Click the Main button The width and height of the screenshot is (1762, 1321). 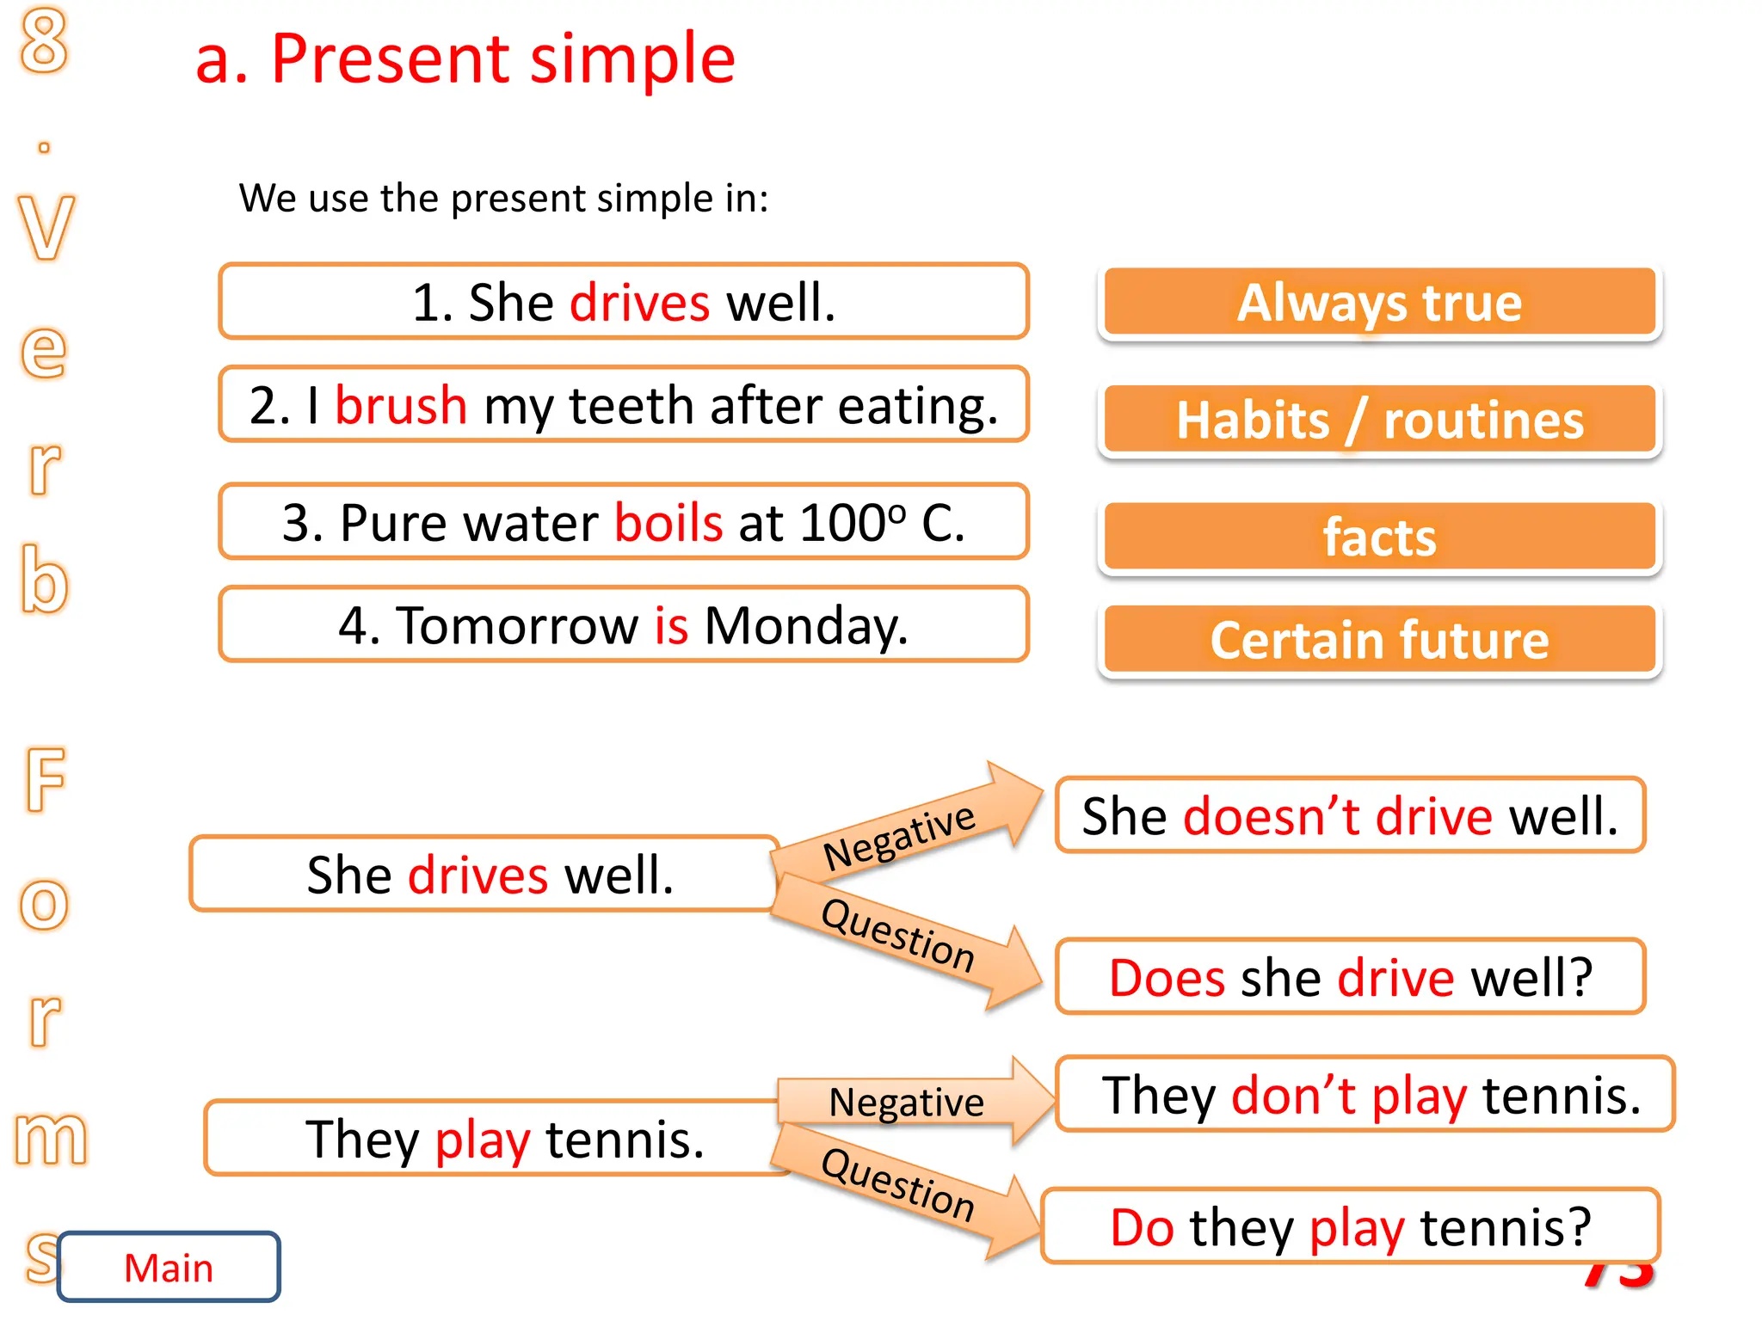[x=169, y=1268]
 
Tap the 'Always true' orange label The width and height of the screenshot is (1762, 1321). [x=1379, y=303]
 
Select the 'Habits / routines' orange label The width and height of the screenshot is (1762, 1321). [x=1379, y=421]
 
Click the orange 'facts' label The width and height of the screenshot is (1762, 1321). [x=1379, y=538]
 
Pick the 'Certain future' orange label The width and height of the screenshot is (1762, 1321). [x=1379, y=641]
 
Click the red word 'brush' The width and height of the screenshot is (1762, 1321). [x=401, y=405]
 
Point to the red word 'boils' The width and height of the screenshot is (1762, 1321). [x=668, y=523]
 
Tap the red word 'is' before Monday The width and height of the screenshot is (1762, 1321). [x=671, y=625]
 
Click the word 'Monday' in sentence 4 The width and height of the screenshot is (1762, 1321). [x=805, y=625]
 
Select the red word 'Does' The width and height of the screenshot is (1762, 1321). [x=1167, y=978]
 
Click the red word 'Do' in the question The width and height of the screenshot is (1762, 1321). [x=1142, y=1227]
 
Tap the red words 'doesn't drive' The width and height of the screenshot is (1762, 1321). [x=1338, y=816]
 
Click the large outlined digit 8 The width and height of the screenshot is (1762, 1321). [x=44, y=40]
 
